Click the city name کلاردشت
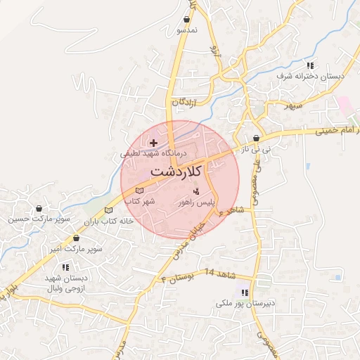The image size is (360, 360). click(x=176, y=171)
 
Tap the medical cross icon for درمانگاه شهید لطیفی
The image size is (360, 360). click(x=154, y=143)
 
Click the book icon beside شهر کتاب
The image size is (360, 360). click(x=139, y=191)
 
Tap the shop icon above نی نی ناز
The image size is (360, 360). click(x=256, y=139)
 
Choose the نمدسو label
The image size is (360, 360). click(x=186, y=31)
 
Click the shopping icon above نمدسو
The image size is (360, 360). click(x=186, y=20)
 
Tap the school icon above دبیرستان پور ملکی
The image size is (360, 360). click(x=244, y=292)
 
